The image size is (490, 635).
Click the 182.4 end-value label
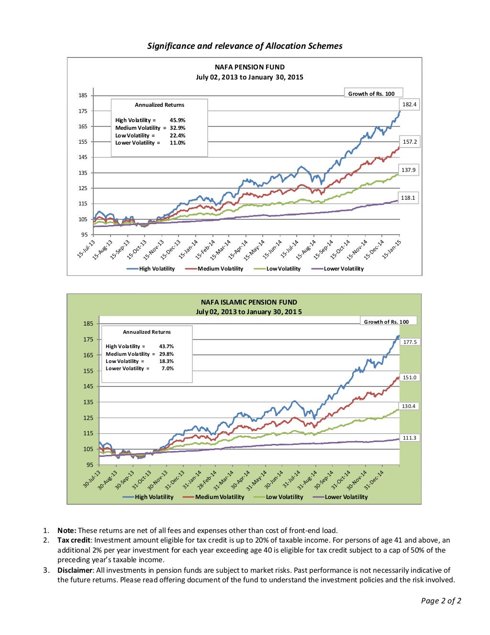(409, 104)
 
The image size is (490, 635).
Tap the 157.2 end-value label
(409, 142)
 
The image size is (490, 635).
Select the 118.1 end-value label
(408, 198)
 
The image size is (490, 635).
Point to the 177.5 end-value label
(410, 342)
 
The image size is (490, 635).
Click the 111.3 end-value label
(410, 438)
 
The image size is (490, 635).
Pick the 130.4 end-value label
(409, 406)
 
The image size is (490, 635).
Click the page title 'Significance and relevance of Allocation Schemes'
(245, 46)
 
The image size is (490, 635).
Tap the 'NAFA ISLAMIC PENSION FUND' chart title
(249, 302)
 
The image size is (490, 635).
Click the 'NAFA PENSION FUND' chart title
(249, 67)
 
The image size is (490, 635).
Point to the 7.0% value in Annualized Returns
(167, 368)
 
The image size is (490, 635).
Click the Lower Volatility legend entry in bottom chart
(346, 497)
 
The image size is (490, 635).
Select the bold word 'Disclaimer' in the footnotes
(75, 570)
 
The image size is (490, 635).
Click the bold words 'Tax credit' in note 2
(74, 540)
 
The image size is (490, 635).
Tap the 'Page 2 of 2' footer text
(441, 601)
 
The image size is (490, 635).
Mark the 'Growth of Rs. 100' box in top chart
(371, 94)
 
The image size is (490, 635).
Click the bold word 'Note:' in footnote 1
(67, 530)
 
